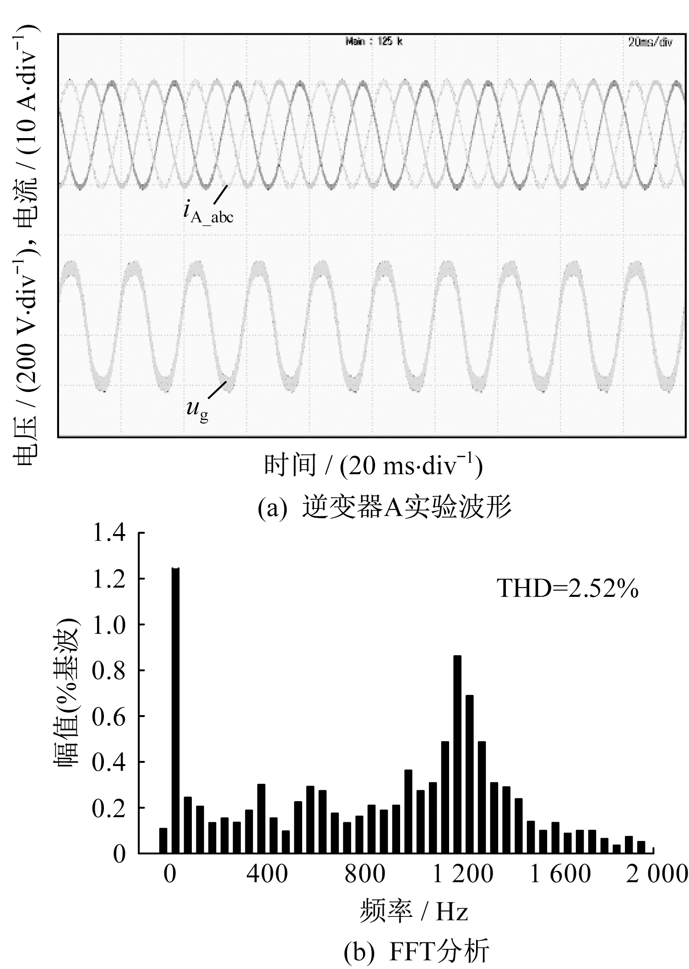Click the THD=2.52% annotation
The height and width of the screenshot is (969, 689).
point(567,589)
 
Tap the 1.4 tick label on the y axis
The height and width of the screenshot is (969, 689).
point(109,533)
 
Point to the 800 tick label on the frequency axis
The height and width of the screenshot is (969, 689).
point(365,874)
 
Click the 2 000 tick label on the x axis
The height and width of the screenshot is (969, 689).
point(656,874)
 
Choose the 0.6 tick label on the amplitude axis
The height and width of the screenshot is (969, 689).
point(109,717)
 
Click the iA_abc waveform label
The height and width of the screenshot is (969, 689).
point(209,212)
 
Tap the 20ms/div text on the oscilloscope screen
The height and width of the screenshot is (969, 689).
point(650,42)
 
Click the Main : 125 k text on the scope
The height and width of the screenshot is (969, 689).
point(374,42)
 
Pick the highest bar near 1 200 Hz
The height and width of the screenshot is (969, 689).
point(457,754)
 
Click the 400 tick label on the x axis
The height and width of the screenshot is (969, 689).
point(267,874)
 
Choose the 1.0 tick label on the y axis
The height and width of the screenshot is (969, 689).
point(109,625)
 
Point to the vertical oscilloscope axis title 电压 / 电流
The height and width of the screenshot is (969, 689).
point(27,247)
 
